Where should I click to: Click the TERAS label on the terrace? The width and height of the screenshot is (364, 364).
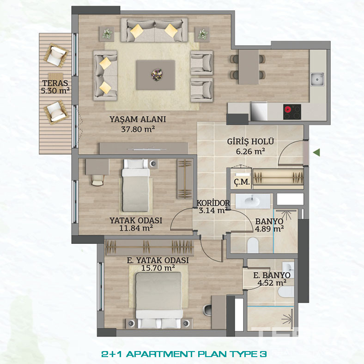point(55,83)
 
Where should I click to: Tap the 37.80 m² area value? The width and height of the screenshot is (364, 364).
point(138,129)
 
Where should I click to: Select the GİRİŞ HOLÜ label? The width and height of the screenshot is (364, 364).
point(250,141)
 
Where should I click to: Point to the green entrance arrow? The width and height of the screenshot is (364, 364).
point(316,152)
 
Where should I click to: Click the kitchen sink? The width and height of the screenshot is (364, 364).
point(317,79)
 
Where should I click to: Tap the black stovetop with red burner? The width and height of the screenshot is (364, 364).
point(292,112)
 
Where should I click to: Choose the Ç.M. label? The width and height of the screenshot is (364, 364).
point(242,182)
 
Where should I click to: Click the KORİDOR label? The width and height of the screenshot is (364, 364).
point(213,203)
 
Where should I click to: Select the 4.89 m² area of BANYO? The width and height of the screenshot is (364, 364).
point(269,229)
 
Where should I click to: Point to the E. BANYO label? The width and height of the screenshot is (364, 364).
point(272,275)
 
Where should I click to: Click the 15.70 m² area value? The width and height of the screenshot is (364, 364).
point(158,268)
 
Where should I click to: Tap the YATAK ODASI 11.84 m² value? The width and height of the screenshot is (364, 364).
point(136,228)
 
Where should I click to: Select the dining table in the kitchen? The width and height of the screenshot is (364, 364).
point(249,67)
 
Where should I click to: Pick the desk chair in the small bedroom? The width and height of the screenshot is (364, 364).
point(97,180)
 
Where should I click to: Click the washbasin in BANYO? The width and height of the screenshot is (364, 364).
point(253,201)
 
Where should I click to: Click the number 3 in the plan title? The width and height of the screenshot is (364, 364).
point(263,354)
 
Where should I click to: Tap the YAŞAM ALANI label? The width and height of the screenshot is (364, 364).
point(138,119)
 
